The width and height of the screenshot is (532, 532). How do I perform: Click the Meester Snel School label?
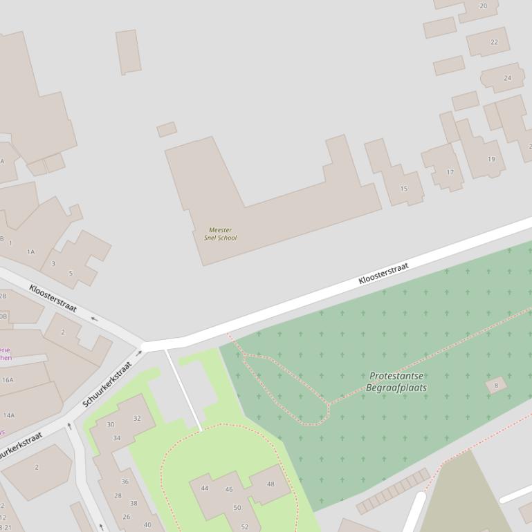tap(220, 234)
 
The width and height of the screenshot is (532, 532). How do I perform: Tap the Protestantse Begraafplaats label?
tap(396, 381)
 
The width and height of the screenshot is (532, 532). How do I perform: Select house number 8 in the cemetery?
tap(496, 386)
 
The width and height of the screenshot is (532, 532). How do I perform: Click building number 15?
tap(404, 189)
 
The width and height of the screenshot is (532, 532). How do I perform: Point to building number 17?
tap(450, 172)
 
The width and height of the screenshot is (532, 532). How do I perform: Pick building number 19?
tap(491, 159)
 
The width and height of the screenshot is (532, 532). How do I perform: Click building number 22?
tap(494, 42)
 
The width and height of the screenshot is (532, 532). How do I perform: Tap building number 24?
tap(508, 78)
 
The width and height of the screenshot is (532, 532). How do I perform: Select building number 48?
tap(270, 484)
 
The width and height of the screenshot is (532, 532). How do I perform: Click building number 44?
tap(205, 488)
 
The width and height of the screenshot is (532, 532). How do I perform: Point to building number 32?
tap(137, 418)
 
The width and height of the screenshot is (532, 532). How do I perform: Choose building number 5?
tap(70, 274)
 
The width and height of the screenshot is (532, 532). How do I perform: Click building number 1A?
tap(30, 252)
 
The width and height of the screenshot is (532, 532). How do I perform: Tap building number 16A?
tap(8, 380)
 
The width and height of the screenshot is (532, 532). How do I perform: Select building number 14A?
tap(9, 415)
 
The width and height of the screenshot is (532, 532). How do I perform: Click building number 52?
tap(244, 526)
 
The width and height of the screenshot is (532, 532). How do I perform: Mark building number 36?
tap(125, 482)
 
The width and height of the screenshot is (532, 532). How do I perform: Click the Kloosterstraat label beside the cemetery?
tap(383, 274)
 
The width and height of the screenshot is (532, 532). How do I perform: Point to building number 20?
tap(483, 6)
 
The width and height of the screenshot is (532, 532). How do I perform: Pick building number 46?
tap(229, 490)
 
